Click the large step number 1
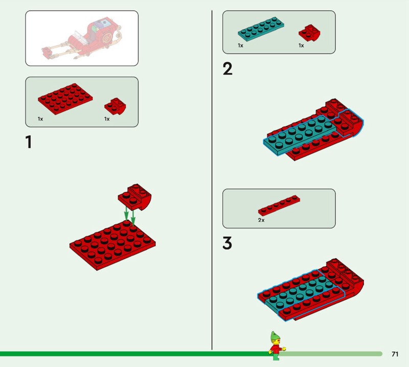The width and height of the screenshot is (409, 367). click(x=29, y=142)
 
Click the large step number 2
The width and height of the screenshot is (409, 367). click(x=228, y=69)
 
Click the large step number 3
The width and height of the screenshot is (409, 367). click(x=227, y=243)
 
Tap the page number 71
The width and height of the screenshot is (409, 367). click(x=395, y=354)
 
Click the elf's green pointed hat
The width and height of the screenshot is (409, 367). click(x=274, y=337)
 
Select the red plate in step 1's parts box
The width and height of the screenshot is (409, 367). click(x=65, y=99)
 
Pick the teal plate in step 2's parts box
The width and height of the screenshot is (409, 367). click(x=261, y=29)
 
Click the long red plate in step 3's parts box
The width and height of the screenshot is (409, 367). click(x=279, y=205)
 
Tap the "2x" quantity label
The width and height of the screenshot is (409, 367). click(x=261, y=220)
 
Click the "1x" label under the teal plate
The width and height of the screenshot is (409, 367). click(x=240, y=45)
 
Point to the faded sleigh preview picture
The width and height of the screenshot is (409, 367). click(x=82, y=38)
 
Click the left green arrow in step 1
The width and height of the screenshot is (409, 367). click(x=126, y=213)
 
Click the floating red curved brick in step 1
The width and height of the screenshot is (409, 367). click(x=134, y=197)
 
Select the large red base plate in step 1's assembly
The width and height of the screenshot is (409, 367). click(x=112, y=245)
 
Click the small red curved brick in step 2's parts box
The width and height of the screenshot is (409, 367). click(x=309, y=33)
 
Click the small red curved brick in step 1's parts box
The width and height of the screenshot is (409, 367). click(x=115, y=106)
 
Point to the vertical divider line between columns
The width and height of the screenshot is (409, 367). click(x=212, y=180)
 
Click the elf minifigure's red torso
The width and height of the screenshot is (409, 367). click(x=275, y=349)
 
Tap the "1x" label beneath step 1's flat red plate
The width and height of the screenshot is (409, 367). click(x=40, y=119)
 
